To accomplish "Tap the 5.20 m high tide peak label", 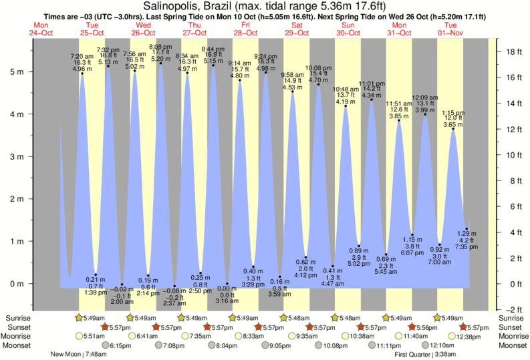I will click(160, 59).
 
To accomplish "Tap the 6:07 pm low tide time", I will click(413, 253).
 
